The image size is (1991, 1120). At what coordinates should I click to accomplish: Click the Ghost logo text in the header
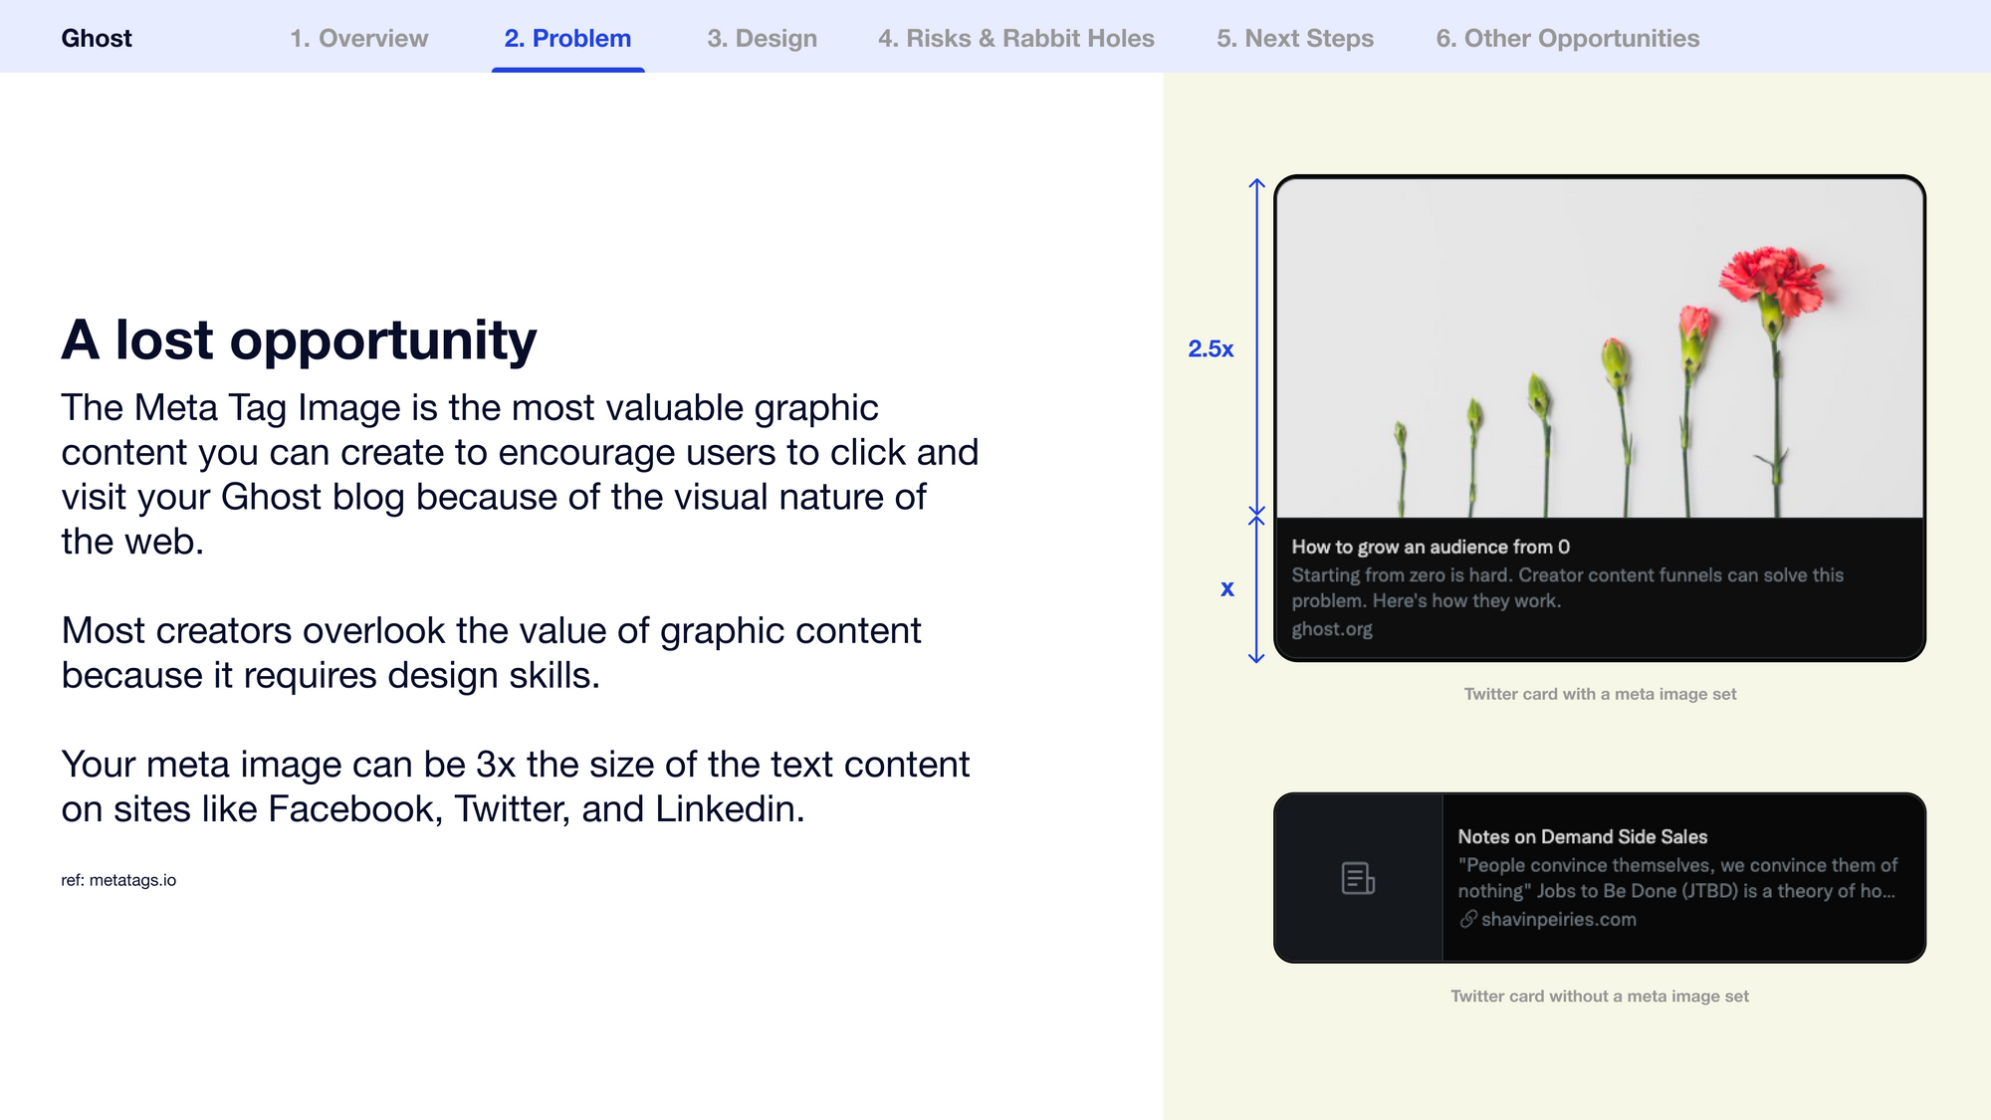[x=97, y=39]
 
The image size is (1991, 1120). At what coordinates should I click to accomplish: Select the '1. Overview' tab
[x=359, y=39]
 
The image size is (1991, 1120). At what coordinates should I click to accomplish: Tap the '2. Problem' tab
[x=567, y=39]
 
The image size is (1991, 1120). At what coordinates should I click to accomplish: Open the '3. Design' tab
[x=762, y=39]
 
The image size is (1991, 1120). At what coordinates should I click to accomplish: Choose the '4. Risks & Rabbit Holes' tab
[x=1016, y=39]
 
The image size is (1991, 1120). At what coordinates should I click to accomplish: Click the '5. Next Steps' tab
[x=1295, y=39]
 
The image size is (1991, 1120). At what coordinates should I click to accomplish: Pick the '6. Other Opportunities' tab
[x=1568, y=39]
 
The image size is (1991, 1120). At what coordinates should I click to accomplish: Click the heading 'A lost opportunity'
[x=299, y=341]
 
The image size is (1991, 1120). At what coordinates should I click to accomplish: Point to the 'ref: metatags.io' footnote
[x=118, y=880]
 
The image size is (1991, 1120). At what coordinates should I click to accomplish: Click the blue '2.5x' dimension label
[x=1211, y=348]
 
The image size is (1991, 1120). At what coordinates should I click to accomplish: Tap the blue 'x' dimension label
[x=1227, y=588]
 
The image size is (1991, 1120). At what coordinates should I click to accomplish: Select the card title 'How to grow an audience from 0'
[x=1431, y=547]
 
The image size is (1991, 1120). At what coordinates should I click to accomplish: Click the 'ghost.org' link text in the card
[x=1332, y=629]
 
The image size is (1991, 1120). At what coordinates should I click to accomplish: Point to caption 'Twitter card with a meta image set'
[x=1600, y=694]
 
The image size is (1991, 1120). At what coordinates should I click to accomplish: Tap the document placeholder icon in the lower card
[x=1358, y=878]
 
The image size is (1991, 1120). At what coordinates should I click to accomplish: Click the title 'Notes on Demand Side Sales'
[x=1582, y=837]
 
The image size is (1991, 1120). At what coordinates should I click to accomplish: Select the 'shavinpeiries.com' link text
[x=1558, y=920]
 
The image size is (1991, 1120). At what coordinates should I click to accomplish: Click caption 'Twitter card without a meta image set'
[x=1599, y=996]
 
